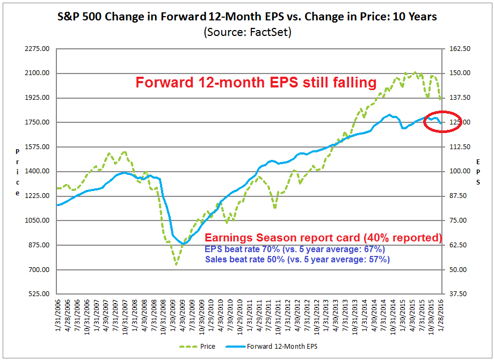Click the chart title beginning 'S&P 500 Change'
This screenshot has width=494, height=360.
(x=247, y=17)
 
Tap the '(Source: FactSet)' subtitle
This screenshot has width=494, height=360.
(x=247, y=32)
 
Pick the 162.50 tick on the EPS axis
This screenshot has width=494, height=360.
(x=459, y=49)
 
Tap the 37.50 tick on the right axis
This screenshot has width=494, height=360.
(x=457, y=294)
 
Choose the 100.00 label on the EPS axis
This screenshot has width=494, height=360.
(x=459, y=171)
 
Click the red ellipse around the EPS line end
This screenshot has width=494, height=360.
(x=442, y=121)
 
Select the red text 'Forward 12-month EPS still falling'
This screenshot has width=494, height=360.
(x=256, y=83)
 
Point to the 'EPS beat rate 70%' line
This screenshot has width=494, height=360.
(x=295, y=249)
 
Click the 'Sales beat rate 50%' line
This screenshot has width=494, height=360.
(x=297, y=260)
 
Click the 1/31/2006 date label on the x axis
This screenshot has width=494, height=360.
(x=59, y=317)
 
